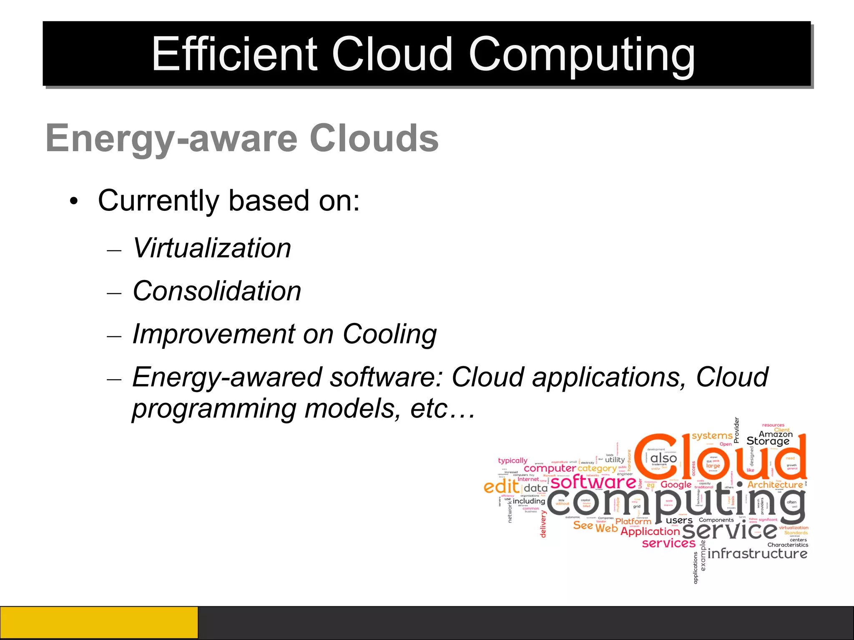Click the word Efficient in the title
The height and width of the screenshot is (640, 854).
[234, 54]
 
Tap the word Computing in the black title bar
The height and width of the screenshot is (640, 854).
[581, 54]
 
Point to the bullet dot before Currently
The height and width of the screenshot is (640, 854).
[74, 202]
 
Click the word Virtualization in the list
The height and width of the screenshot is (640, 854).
[212, 248]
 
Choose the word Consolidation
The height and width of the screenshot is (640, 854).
[217, 291]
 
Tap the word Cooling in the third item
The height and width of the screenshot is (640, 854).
[389, 334]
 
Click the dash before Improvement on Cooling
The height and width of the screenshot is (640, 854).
[114, 335]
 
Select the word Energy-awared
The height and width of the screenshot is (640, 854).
[227, 377]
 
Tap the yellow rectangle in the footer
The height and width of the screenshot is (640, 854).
[99, 622]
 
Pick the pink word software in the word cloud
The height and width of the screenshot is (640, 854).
[593, 482]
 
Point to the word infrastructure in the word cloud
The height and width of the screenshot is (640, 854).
[757, 553]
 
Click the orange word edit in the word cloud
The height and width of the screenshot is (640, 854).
[501, 486]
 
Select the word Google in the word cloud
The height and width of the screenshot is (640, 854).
[676, 485]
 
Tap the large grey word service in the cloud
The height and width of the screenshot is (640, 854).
[730, 530]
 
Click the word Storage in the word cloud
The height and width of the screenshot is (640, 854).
[768, 441]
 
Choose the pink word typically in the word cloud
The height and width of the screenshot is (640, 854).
[512, 460]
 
